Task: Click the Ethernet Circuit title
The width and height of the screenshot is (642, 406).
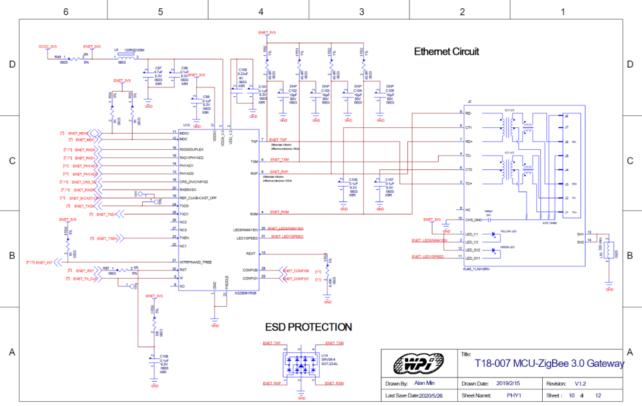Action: coord(446,52)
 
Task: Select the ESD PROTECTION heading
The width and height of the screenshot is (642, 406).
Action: coord(308,327)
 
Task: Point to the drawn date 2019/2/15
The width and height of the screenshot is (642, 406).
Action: coord(508,383)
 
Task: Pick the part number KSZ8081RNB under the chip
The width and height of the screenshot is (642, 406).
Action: coord(246,293)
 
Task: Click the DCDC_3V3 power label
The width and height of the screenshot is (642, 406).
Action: coord(48,46)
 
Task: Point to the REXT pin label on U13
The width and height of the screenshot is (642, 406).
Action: coord(252,253)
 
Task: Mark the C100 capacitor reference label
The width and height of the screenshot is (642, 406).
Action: coord(243,70)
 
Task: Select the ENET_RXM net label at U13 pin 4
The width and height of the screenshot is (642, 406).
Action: coord(279,212)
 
